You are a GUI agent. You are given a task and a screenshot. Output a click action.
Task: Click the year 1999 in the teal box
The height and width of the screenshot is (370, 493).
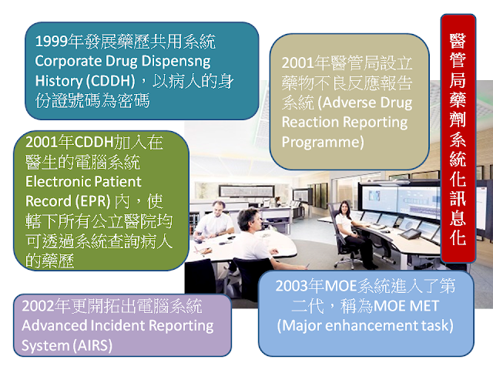52,42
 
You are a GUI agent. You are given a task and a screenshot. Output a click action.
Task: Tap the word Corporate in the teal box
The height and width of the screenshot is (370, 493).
68,61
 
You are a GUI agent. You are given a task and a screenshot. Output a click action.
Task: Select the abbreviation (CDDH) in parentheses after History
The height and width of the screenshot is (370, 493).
111,81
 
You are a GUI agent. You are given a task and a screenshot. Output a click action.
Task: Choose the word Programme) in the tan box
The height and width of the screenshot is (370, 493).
323,142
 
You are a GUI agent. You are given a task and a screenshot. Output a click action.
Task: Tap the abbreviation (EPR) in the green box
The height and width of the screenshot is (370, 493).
93,201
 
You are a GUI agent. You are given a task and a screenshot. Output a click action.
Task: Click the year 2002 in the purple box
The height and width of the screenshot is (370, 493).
38,306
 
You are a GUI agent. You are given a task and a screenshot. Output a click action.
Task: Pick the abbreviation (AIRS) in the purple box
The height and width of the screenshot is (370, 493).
93,345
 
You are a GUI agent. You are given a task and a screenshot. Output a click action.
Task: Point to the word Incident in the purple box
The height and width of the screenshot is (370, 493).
117,325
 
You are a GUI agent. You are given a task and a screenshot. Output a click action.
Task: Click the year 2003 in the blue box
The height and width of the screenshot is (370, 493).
291,286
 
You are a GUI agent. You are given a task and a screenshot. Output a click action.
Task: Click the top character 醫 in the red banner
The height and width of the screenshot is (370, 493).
458,41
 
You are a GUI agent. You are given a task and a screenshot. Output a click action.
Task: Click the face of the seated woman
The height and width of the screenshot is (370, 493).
345,208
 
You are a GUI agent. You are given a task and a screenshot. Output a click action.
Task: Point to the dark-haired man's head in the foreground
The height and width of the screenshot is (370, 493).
248,219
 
